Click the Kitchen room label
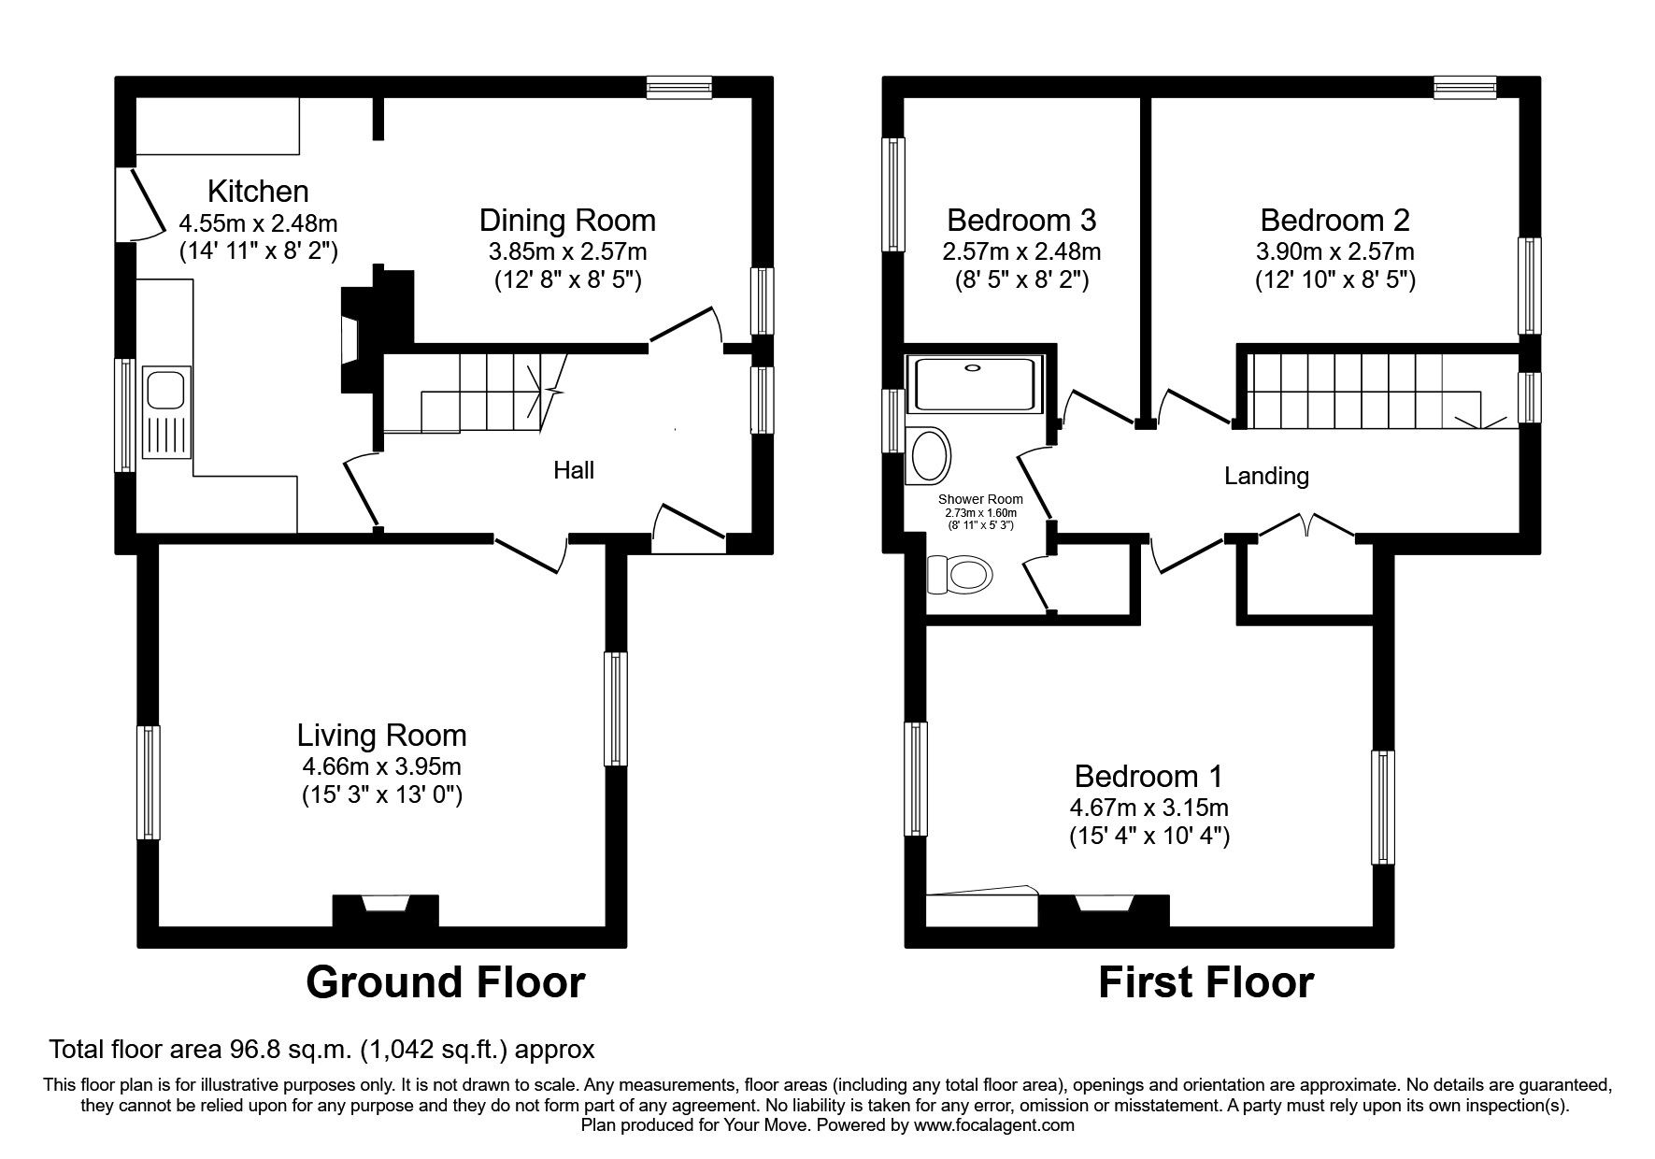(258, 191)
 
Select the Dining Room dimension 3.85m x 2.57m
(567, 251)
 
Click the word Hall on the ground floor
(573, 470)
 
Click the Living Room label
(381, 735)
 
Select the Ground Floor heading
(445, 982)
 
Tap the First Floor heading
(1206, 982)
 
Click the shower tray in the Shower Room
(975, 384)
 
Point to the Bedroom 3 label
(1020, 221)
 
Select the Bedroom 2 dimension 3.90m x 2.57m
(1334, 251)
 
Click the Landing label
(1266, 476)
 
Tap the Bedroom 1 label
(1149, 776)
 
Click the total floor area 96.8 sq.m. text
(321, 1050)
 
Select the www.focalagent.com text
(993, 1125)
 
